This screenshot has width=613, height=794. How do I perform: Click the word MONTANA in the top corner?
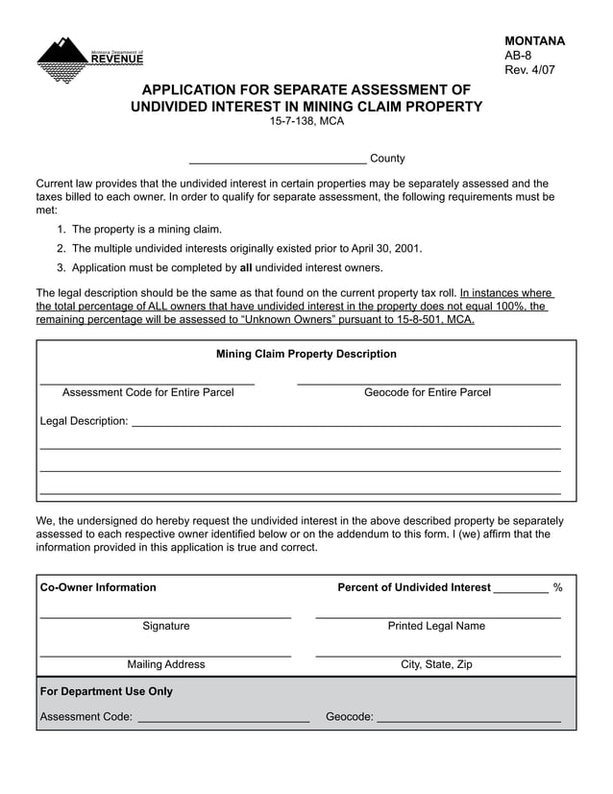(x=534, y=40)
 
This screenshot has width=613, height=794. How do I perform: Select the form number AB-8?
(x=518, y=56)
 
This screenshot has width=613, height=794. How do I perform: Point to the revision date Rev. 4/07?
(x=529, y=70)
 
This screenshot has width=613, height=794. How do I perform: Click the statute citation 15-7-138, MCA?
(x=306, y=121)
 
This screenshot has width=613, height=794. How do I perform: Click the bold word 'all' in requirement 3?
(x=246, y=267)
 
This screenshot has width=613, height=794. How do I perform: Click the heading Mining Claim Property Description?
(x=306, y=354)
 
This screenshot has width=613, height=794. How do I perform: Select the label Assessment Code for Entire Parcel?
(x=148, y=392)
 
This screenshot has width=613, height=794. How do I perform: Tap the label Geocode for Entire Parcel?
(x=428, y=392)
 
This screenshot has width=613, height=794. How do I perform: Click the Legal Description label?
(x=84, y=421)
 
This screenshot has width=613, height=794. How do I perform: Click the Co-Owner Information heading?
(x=98, y=587)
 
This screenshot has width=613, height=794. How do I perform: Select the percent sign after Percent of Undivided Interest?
(x=557, y=587)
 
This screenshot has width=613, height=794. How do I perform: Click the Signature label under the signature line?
(x=166, y=626)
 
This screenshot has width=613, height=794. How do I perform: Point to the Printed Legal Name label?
(x=436, y=626)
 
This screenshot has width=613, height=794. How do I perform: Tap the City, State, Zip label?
(x=436, y=664)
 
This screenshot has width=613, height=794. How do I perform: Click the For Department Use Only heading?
(x=107, y=691)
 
